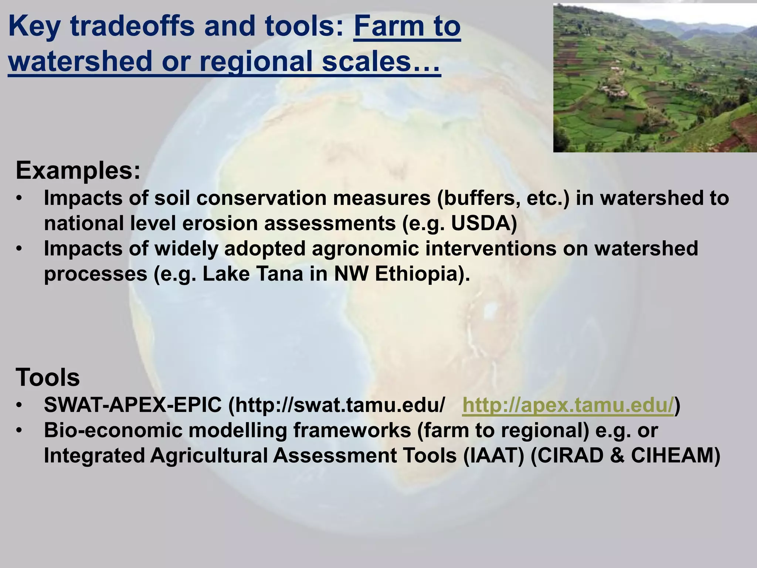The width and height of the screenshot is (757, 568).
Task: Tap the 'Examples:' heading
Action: [78, 171]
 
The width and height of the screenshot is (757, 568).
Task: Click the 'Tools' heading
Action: [48, 378]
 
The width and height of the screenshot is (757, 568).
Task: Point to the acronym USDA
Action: [484, 223]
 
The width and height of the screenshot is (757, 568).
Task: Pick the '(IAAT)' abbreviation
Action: [493, 456]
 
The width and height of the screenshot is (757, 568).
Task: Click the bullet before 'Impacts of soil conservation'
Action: [20, 199]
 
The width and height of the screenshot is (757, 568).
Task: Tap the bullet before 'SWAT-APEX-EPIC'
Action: [20, 406]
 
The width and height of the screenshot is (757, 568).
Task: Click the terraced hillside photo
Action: [655, 78]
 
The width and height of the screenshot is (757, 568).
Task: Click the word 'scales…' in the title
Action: [381, 61]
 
